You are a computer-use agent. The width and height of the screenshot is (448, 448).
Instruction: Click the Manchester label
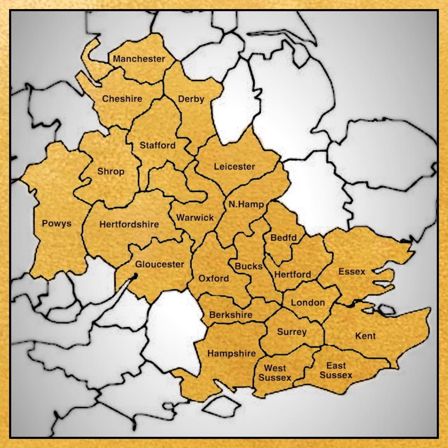[x=139, y=59]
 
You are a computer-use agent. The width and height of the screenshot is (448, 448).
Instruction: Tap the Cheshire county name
[x=122, y=99]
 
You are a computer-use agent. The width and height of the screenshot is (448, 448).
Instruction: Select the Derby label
[x=191, y=99]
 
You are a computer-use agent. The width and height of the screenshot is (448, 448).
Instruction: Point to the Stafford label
[x=157, y=146]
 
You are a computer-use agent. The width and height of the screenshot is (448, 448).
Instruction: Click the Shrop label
[x=111, y=171]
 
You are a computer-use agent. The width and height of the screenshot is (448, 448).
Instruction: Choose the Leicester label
[x=234, y=167]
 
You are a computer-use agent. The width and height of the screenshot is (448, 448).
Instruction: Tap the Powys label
[x=57, y=224]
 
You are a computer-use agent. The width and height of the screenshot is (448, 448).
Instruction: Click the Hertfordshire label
[x=129, y=224]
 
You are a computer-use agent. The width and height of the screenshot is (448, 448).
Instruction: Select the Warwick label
[x=195, y=217]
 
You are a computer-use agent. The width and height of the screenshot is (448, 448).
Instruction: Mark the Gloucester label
[x=160, y=264]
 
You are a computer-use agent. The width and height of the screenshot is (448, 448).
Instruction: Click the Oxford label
[x=214, y=278]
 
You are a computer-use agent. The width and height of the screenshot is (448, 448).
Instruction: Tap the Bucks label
[x=249, y=266]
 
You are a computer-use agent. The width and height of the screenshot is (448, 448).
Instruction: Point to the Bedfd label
[x=284, y=238]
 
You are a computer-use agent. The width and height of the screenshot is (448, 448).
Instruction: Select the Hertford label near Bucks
[x=292, y=274]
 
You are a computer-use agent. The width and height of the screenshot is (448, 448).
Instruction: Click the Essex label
[x=352, y=272]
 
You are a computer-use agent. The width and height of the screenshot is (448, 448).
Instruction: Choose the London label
[x=308, y=302]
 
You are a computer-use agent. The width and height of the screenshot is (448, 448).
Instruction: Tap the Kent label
[x=365, y=336]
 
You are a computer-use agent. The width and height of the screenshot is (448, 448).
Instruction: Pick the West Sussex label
[x=275, y=373]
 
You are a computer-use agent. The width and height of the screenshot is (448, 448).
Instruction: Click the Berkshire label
[x=231, y=315]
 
